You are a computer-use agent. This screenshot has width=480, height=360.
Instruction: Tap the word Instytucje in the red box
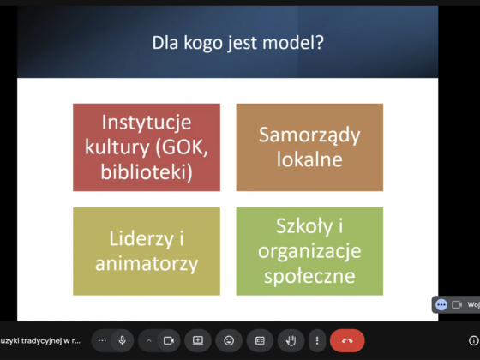[147, 122]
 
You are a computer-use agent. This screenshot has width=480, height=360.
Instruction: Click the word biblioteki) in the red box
[147, 171]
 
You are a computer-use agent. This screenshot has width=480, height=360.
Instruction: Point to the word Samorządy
[309, 135]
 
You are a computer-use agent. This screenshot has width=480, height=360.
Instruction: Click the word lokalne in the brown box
[309, 159]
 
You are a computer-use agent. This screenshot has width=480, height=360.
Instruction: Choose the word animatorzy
[147, 264]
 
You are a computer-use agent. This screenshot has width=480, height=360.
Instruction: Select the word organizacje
[309, 251]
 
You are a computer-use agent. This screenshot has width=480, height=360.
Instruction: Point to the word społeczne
[309, 276]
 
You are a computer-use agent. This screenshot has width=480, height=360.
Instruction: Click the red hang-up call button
[347, 340]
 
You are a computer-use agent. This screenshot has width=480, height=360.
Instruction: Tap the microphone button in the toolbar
[122, 340]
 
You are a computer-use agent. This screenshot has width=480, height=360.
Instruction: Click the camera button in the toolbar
[169, 340]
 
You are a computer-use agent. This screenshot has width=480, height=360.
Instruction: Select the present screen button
[198, 340]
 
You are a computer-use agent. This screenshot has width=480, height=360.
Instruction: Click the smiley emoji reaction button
[229, 340]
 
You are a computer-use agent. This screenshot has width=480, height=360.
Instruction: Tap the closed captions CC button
[260, 340]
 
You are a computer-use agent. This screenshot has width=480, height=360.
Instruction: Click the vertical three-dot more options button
[317, 340]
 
